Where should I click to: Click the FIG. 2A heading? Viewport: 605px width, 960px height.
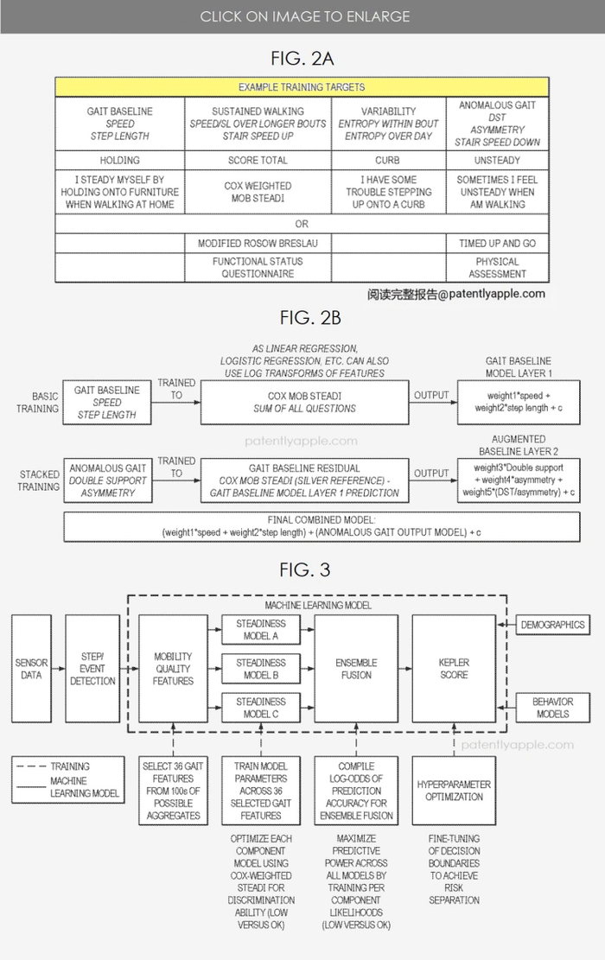(x=302, y=59)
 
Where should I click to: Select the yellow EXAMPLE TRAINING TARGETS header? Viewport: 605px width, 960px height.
(x=302, y=87)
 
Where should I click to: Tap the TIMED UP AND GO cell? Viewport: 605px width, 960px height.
(x=497, y=244)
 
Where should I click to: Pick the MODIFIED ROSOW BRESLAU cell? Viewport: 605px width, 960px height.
(x=258, y=244)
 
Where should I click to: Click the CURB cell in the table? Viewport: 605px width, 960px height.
(x=388, y=160)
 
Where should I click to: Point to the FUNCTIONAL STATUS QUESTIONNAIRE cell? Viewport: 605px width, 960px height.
(x=258, y=267)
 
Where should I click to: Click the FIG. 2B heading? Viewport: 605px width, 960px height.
(x=302, y=317)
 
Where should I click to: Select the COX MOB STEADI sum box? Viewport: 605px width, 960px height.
(x=305, y=402)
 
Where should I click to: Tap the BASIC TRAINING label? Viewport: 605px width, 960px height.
(x=37, y=402)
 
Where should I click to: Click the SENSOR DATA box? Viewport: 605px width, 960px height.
(x=31, y=669)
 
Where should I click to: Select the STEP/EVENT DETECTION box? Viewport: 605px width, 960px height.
(x=92, y=669)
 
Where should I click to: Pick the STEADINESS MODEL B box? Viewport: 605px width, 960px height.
(x=260, y=669)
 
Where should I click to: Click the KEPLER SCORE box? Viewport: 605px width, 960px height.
(x=454, y=669)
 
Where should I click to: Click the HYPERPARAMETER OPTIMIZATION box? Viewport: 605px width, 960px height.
(x=454, y=790)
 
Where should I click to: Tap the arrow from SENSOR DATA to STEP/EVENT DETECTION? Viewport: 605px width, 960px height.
(x=59, y=669)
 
